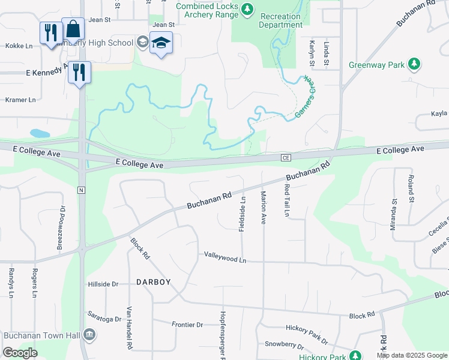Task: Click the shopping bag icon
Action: pyautogui.click(x=73, y=29)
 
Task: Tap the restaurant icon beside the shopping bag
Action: pyautogui.click(x=50, y=32)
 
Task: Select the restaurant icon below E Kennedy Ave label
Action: pyautogui.click(x=79, y=72)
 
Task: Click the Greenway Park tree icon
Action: pyautogui.click(x=414, y=64)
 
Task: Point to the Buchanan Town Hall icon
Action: pyautogui.click(x=89, y=334)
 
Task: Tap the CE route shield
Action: pyautogui.click(x=286, y=157)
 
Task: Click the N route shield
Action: pyautogui.click(x=81, y=190)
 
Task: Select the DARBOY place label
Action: pyautogui.click(x=154, y=282)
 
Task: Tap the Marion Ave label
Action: pyautogui.click(x=263, y=208)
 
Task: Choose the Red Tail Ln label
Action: pyautogui.click(x=287, y=200)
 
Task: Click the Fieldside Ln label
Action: pyautogui.click(x=243, y=212)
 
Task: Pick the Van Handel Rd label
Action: pyautogui.click(x=129, y=329)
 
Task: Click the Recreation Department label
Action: pyautogui.click(x=281, y=20)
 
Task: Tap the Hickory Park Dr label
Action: pyautogui.click(x=307, y=334)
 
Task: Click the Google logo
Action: pyautogui.click(x=20, y=353)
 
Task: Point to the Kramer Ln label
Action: pyautogui.click(x=20, y=100)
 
